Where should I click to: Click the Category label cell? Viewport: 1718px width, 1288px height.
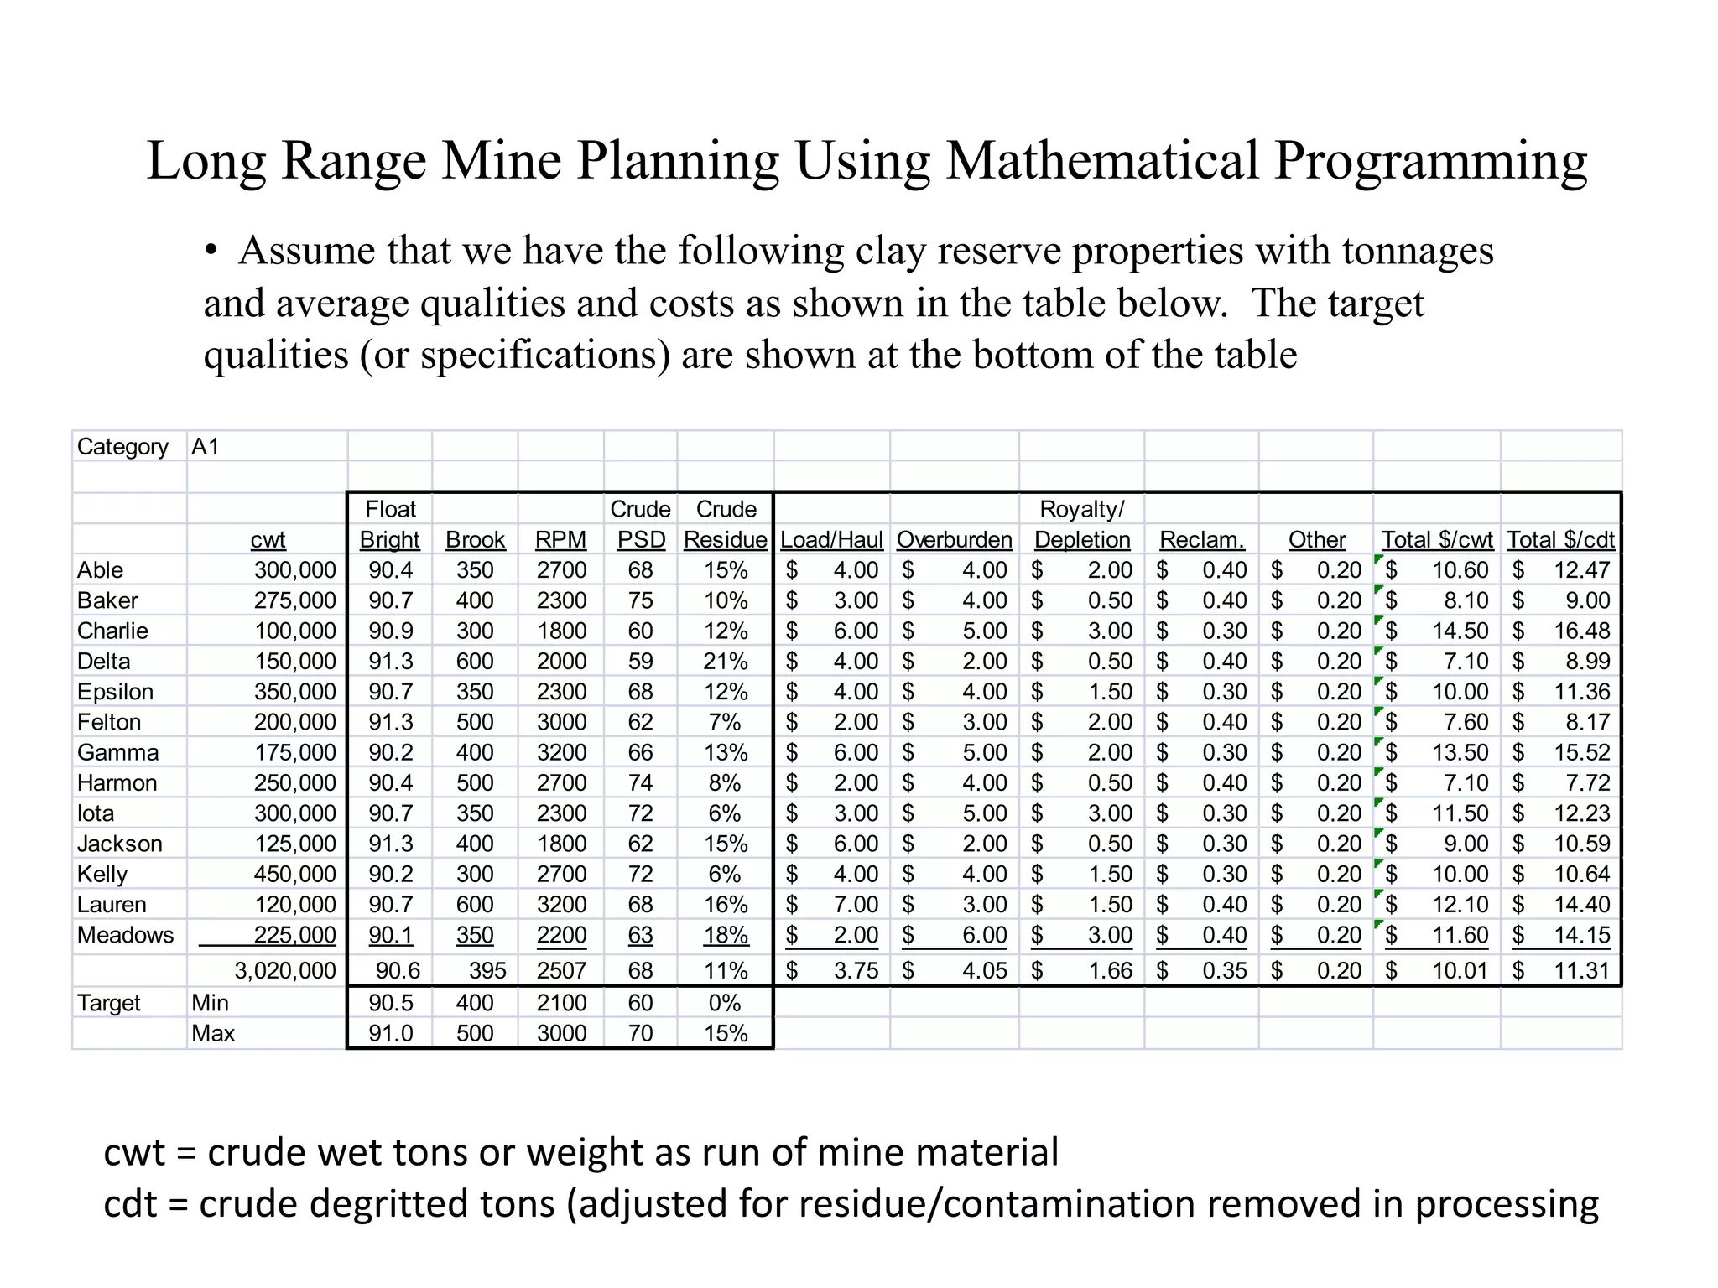coord(122,446)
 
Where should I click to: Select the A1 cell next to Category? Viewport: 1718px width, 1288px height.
coord(206,446)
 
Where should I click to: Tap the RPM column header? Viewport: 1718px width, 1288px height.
coord(560,539)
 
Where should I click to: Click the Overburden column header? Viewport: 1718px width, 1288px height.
coord(954,539)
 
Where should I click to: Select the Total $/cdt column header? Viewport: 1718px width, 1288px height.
coord(1560,539)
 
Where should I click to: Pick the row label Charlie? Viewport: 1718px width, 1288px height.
coord(112,631)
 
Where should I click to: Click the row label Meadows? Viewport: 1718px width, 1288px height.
coord(125,934)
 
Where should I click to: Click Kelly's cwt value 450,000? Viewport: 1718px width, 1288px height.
coord(294,874)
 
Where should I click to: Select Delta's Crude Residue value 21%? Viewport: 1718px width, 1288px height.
coord(725,661)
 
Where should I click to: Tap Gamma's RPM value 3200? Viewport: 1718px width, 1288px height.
coord(561,752)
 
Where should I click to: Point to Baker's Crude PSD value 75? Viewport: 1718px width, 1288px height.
coord(640,600)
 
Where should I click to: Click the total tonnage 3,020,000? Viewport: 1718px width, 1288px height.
coord(284,970)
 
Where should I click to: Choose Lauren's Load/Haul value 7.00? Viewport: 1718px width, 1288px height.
coord(855,904)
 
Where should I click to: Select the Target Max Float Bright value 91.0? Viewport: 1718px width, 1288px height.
coord(391,1032)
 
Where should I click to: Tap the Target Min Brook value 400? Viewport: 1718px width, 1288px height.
coord(475,1002)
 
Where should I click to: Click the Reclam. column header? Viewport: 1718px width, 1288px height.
coord(1201,539)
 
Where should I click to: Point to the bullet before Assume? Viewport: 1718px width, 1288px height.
coord(211,251)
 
